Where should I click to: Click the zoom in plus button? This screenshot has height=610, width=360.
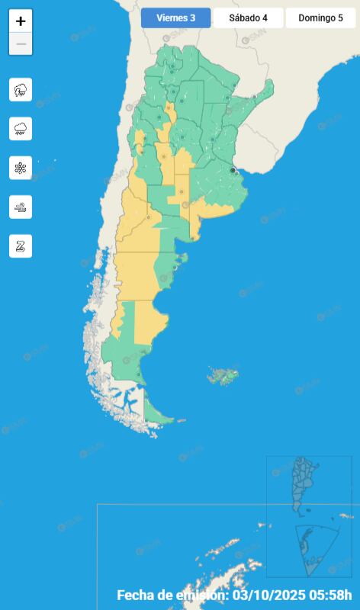tap(21, 21)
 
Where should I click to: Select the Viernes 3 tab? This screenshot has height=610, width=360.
tap(175, 18)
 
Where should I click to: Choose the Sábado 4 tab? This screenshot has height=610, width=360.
tap(248, 18)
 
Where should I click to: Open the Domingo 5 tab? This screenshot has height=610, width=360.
tap(320, 18)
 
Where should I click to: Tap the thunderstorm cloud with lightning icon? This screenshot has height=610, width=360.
tap(21, 90)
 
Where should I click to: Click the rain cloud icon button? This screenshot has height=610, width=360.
tap(21, 129)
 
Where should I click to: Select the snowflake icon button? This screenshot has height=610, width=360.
tap(21, 168)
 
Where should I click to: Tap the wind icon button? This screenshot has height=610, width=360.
tap(21, 207)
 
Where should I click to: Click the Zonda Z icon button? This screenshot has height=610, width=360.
tap(21, 246)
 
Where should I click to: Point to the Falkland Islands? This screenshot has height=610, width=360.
tap(224, 375)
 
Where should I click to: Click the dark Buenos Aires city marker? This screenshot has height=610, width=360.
tap(233, 170)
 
